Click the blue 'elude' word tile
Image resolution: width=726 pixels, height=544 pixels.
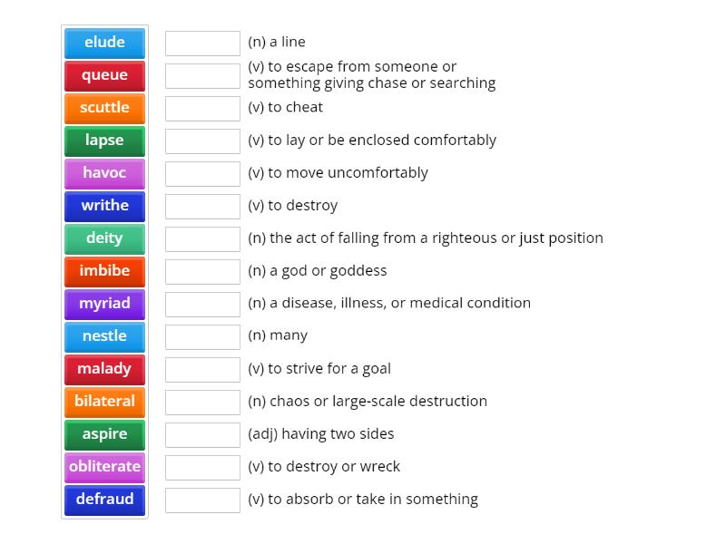(x=104, y=43)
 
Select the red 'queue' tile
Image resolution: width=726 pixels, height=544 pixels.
(x=104, y=75)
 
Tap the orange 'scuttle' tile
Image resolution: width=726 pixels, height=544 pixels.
(x=104, y=108)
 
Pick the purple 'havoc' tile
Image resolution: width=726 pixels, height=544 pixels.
(x=104, y=173)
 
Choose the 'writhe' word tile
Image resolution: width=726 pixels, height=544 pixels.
(x=104, y=206)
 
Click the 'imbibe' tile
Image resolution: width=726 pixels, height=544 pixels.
(x=104, y=271)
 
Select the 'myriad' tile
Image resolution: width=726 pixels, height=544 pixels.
(x=104, y=304)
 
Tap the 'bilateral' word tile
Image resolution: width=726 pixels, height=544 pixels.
(x=104, y=402)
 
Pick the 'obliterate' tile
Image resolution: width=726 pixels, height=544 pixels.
(x=104, y=467)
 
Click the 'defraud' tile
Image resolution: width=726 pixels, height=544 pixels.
(x=104, y=500)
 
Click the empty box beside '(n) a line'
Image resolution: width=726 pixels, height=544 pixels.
(x=202, y=43)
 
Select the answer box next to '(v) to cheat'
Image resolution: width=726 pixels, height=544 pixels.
(x=202, y=108)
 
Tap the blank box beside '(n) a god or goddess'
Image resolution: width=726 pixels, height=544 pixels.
(x=202, y=271)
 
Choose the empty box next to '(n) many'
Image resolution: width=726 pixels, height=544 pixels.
(x=202, y=336)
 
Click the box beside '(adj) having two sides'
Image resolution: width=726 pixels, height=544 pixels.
(x=202, y=434)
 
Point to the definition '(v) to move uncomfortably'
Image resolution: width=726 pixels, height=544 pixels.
(x=338, y=172)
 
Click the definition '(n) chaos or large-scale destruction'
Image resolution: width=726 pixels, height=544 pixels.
(x=367, y=401)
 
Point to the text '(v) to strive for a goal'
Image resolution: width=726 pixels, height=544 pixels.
(x=319, y=368)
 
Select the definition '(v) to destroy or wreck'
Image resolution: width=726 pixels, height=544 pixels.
(x=323, y=466)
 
